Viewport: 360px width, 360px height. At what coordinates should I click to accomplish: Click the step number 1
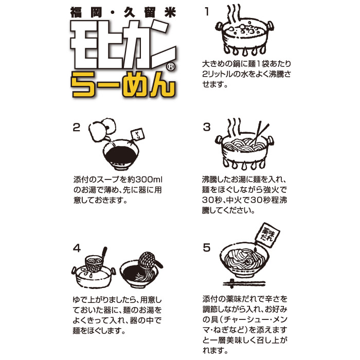pos(207,12)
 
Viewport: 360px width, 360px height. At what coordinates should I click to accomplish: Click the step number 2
pos(77,128)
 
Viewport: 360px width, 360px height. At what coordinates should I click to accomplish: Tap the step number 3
pos(207,128)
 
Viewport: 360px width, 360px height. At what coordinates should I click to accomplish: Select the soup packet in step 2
pos(138,135)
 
